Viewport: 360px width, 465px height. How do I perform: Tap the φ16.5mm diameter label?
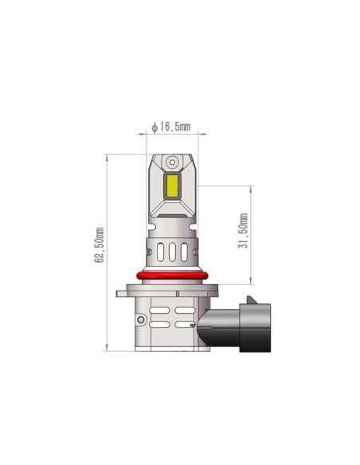[x=170, y=127]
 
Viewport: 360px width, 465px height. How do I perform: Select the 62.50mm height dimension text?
[x=100, y=247]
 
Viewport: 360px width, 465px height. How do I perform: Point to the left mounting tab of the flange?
[x=126, y=293]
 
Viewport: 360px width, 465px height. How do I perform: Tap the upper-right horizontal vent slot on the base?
[x=185, y=308]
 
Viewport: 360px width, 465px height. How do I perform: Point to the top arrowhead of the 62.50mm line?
[x=107, y=156]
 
